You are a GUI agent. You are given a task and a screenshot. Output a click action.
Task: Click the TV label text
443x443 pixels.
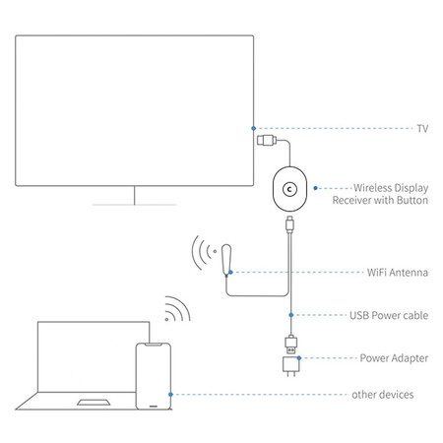[x=422, y=128]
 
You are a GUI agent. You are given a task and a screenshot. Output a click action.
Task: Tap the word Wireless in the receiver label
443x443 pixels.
[x=372, y=188]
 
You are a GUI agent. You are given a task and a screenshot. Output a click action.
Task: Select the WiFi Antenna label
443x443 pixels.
[x=398, y=273]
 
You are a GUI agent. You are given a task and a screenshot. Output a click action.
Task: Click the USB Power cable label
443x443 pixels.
[x=389, y=315]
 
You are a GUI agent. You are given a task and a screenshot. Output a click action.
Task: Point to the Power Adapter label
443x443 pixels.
[x=394, y=358]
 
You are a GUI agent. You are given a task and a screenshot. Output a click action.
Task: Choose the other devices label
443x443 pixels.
[x=383, y=395]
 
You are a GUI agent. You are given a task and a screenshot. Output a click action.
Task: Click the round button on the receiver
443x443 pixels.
[x=289, y=189]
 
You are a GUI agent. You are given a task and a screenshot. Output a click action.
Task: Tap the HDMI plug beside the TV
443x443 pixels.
[x=267, y=141]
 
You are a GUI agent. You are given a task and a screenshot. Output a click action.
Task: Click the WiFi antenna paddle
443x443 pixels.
[x=226, y=260]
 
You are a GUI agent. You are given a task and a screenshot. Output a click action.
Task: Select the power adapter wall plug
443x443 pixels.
[x=290, y=366]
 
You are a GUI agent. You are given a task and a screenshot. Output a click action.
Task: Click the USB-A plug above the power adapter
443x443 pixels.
[x=291, y=345]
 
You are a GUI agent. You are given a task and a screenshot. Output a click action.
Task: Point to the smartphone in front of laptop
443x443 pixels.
[x=154, y=376]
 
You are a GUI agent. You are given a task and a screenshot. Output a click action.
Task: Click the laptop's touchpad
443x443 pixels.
[x=94, y=403]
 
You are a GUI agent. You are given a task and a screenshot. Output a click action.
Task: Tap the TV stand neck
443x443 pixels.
[x=135, y=195]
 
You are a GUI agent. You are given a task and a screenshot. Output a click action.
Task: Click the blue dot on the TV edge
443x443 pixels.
[x=253, y=128]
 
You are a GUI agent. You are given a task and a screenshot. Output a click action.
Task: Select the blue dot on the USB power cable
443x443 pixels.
[x=291, y=315]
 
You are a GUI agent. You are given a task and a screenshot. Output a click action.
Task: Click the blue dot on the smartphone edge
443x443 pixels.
[x=170, y=395]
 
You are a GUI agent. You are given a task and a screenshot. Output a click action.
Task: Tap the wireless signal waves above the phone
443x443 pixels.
[x=177, y=309]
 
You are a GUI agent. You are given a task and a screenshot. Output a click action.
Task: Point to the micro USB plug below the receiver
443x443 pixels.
[x=289, y=224]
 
